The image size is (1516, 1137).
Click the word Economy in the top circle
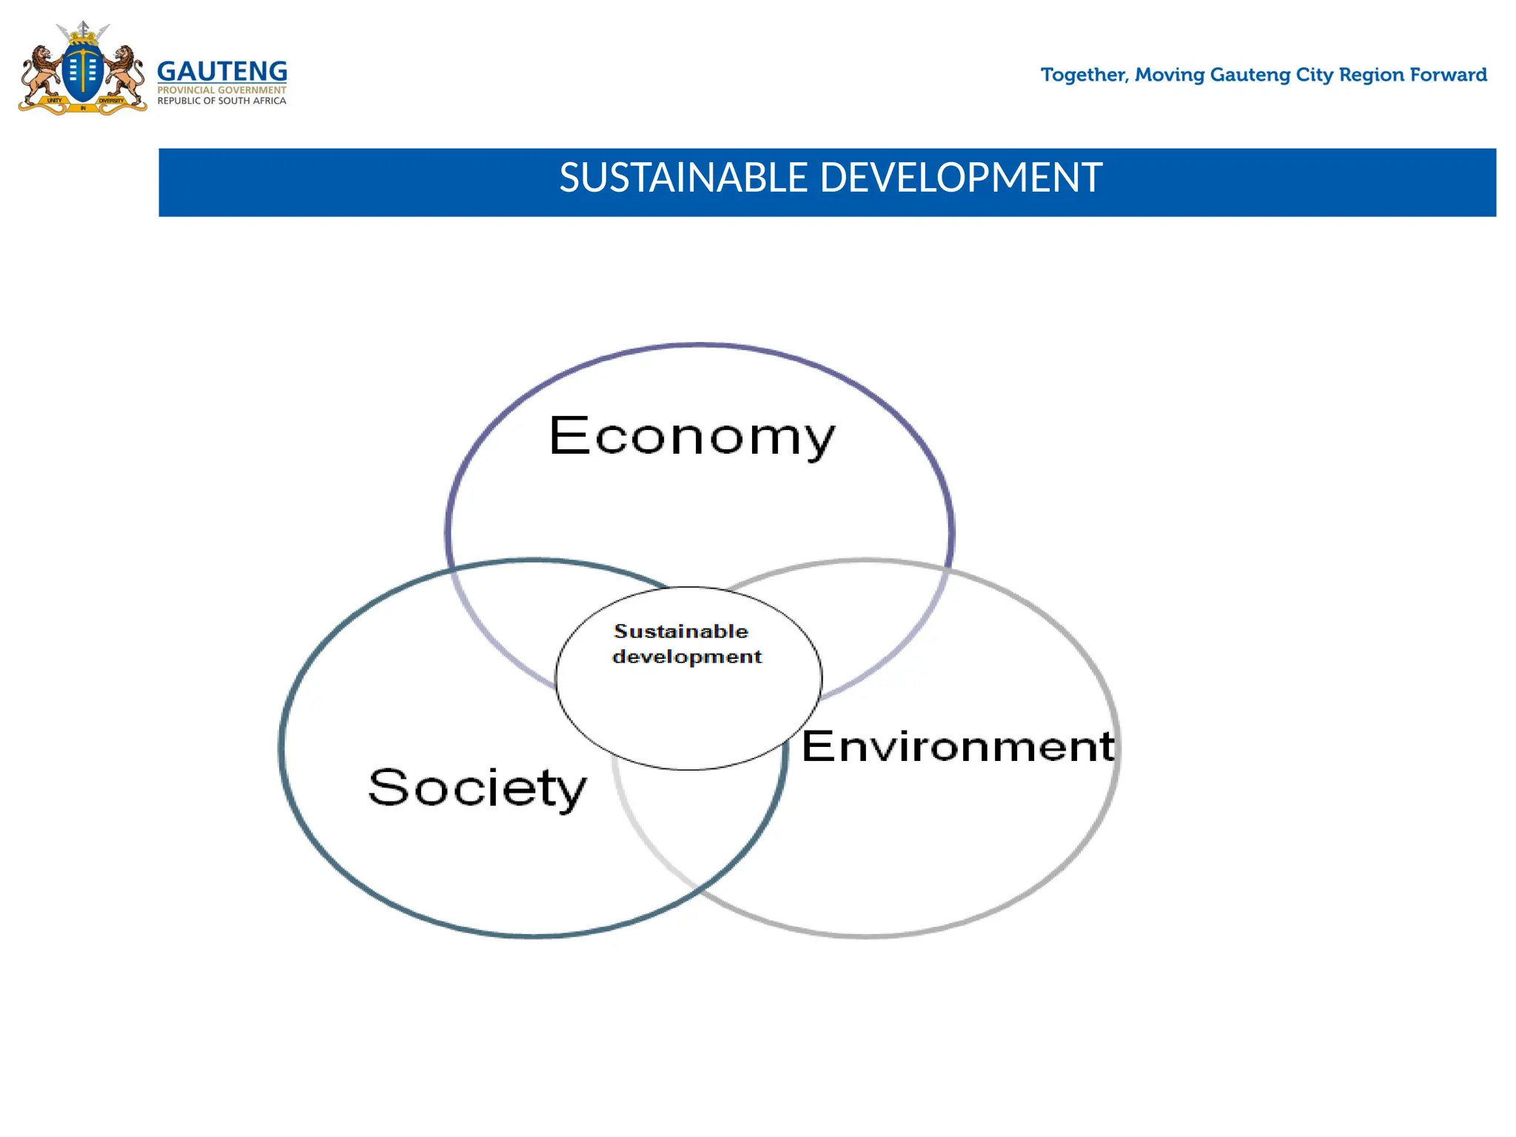coord(692,437)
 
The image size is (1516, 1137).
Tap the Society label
coord(477,788)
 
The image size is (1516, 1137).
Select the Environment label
coord(958,746)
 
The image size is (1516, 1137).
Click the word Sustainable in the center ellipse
coord(681,631)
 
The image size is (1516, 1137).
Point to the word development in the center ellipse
coord(687,657)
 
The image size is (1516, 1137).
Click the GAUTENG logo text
coord(222,72)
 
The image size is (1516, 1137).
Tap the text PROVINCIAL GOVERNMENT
coord(221,90)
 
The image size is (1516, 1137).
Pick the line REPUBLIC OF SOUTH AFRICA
coord(221,101)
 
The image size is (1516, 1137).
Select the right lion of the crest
coord(127,74)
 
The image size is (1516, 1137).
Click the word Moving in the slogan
coord(1170,76)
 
